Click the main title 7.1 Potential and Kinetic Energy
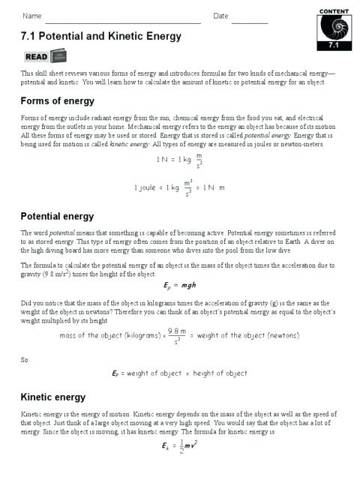coord(101,36)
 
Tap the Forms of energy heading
coord(58,101)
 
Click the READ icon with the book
coord(45,56)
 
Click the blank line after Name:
coord(124,16)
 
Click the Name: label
coord(32,16)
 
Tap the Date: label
coord(221,16)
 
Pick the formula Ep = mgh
coord(179,286)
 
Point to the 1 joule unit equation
coord(179,187)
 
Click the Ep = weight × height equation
coord(179,373)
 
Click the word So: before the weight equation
coord(27,359)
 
